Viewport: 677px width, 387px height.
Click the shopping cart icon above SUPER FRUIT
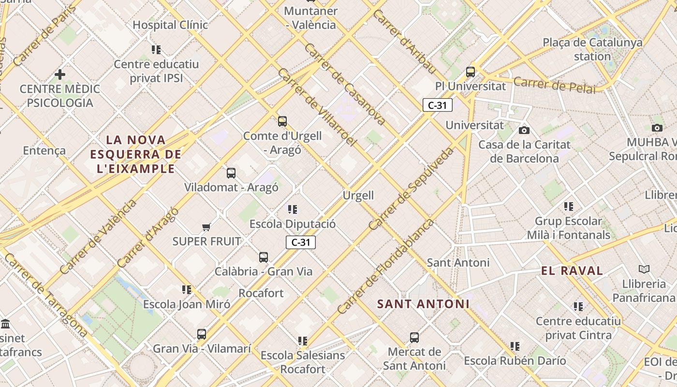[206, 227]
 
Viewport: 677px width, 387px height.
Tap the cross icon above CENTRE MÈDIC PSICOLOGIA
[60, 74]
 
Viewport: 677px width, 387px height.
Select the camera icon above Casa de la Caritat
[524, 130]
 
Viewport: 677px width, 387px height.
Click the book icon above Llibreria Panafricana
[644, 269]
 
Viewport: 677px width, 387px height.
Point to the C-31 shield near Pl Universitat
[437, 105]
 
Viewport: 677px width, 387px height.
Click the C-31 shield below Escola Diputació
[300, 242]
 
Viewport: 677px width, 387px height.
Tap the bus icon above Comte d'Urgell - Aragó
[282, 121]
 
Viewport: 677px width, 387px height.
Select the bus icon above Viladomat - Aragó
[231, 173]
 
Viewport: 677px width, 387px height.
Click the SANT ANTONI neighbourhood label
[423, 304]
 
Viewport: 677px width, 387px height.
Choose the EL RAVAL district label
[572, 271]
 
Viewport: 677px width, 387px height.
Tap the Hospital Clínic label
[170, 25]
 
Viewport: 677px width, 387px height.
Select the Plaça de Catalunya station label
[592, 49]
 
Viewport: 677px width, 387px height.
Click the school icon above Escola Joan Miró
[187, 290]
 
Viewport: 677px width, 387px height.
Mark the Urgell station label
[358, 195]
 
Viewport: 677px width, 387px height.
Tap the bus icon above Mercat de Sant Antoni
[414, 338]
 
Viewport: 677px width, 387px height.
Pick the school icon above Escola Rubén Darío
[515, 346]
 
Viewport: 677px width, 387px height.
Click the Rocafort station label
[261, 293]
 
